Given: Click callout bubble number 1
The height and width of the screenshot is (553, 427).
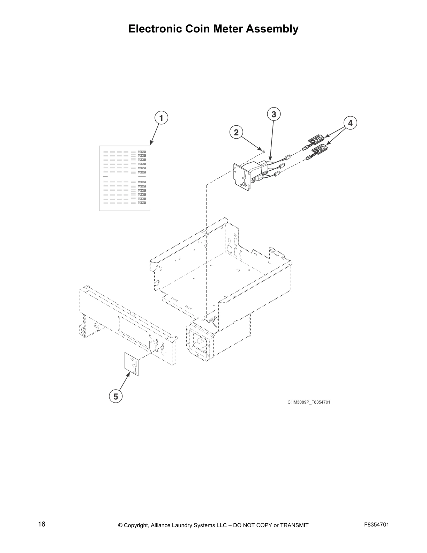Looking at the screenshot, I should (161, 118).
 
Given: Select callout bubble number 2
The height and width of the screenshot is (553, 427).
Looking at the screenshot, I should (236, 132).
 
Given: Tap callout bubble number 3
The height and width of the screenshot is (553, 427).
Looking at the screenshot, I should (274, 114).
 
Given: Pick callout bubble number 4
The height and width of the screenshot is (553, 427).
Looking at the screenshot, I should (350, 123).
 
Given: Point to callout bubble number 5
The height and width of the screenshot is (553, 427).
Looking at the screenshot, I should (115, 396).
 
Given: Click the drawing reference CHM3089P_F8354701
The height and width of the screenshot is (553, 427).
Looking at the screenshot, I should (308, 402).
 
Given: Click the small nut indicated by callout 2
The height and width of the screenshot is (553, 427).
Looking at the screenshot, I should (264, 152).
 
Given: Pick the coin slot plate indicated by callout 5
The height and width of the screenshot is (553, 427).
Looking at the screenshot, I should (132, 364).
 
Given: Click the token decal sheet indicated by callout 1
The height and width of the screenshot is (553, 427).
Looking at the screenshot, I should (125, 178).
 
